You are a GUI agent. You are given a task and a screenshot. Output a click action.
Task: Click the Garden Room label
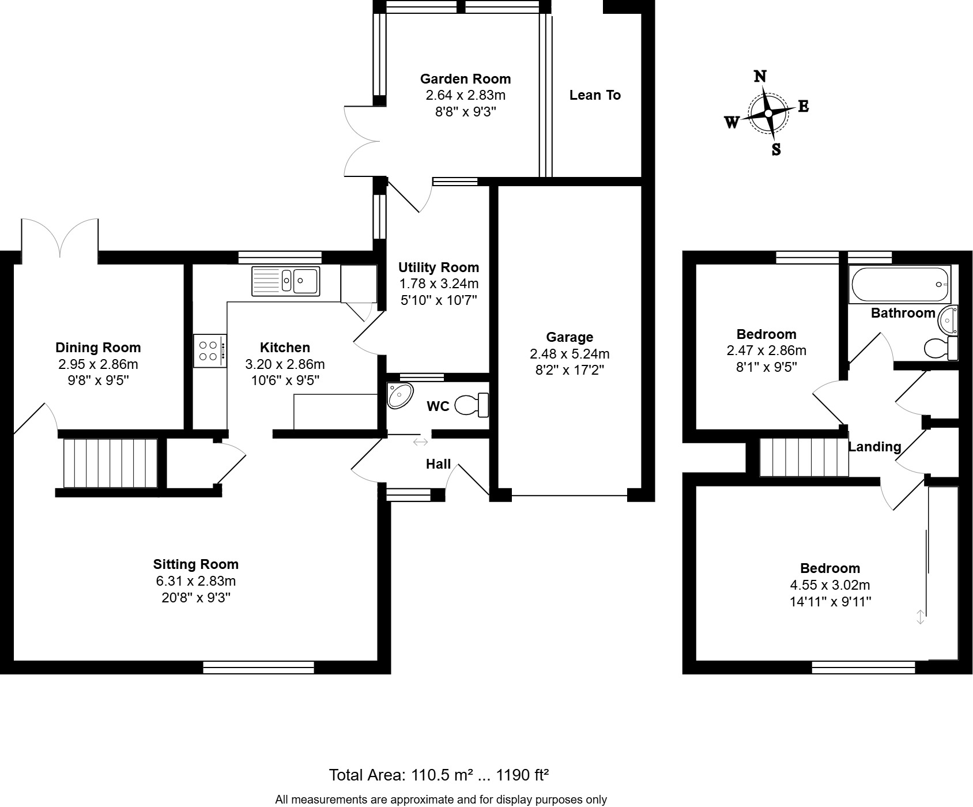[x=465, y=79]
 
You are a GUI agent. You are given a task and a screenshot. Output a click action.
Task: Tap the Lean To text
[x=595, y=95]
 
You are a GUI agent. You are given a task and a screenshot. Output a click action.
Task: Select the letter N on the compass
[x=760, y=77]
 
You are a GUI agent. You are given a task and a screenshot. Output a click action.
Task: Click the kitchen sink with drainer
[x=286, y=281]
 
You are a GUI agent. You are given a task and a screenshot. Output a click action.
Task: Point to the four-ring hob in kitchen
[x=209, y=351]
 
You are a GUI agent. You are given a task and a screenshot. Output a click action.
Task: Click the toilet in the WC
[x=472, y=405]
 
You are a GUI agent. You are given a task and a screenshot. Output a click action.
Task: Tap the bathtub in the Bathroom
[x=899, y=284]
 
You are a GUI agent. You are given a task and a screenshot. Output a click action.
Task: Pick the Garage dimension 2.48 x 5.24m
[x=570, y=353]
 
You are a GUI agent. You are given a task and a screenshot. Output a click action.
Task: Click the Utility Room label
[x=439, y=267]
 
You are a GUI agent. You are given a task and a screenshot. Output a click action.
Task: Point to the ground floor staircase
[x=110, y=463]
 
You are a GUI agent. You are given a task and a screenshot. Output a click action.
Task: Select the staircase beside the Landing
[x=804, y=457]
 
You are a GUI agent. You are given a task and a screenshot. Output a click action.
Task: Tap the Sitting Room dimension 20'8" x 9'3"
[x=196, y=598]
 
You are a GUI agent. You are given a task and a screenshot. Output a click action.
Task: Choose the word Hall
[x=438, y=465]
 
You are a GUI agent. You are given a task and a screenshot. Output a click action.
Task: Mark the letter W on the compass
[x=731, y=122]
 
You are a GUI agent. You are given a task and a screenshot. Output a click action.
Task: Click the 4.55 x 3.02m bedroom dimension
[x=829, y=585]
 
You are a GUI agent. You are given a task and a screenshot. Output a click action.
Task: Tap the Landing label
[x=874, y=447]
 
